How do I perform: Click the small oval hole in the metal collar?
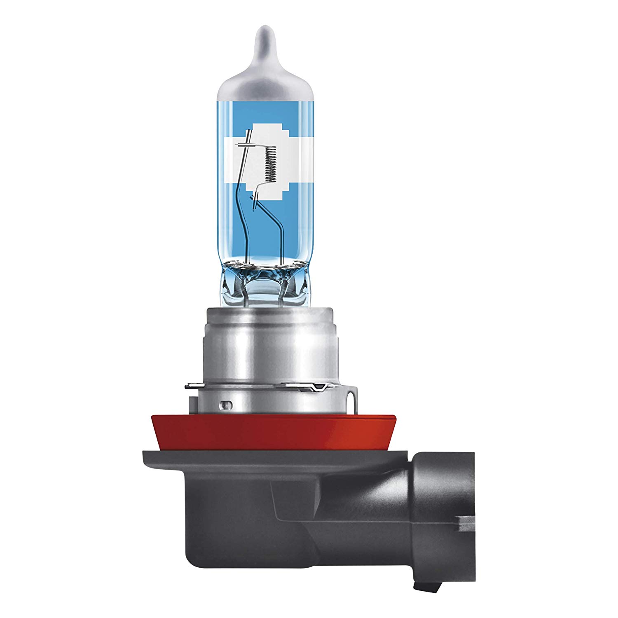tap(225, 404)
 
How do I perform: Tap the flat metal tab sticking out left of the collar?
tap(192, 386)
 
